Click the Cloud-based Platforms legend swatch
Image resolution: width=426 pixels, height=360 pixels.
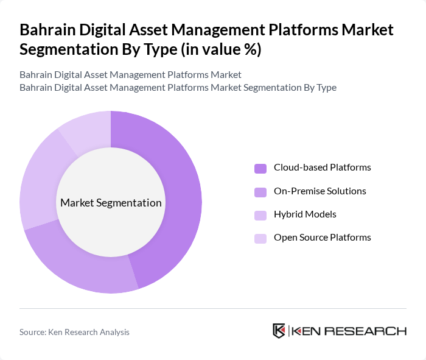260,168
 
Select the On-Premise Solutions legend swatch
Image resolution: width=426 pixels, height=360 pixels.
260,192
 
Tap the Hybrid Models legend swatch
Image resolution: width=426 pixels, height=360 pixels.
260,215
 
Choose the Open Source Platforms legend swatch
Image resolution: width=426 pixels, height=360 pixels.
260,238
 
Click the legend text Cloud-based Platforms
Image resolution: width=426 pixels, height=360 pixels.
322,168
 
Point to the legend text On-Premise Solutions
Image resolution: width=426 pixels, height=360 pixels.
319,191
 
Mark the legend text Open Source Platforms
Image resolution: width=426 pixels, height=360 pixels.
322,238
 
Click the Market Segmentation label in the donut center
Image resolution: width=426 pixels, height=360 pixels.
111,203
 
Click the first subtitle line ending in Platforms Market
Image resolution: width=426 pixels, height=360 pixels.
130,74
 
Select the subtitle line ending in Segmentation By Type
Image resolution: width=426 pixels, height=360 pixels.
178,87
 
